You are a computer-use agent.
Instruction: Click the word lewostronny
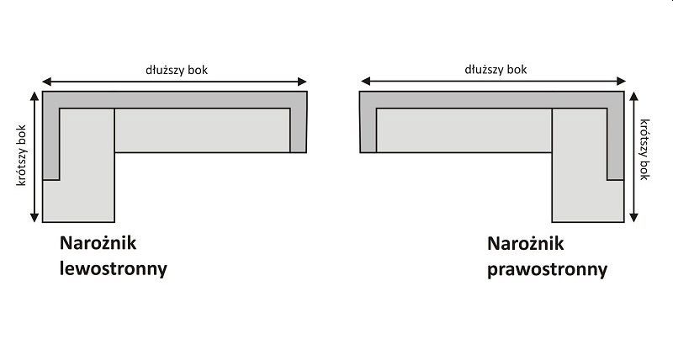(x=114, y=269)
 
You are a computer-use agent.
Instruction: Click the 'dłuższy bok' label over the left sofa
(x=175, y=70)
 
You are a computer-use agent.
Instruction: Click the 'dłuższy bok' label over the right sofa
(x=495, y=70)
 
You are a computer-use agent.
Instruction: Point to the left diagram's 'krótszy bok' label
(x=22, y=156)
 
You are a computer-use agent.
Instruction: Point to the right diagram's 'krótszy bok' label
(x=644, y=148)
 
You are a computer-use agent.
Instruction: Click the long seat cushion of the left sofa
(x=202, y=130)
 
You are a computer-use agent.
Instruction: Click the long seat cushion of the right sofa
(x=464, y=130)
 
